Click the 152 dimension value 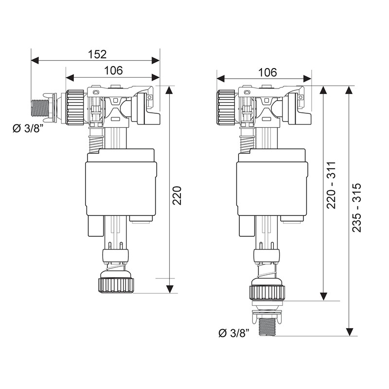point(97,54)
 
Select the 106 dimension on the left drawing point(113,71)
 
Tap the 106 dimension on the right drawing point(267,72)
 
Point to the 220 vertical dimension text point(177,195)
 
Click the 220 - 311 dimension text point(331,185)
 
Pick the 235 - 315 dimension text point(357,208)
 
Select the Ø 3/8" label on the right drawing point(234,333)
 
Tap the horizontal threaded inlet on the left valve point(40,108)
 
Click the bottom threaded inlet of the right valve point(266,327)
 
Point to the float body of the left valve point(121,184)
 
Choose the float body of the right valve point(272,184)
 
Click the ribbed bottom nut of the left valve point(116,285)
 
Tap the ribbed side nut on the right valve point(226,107)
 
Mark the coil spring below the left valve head point(95,144)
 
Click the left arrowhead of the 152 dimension point(35,60)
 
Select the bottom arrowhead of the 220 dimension point(169,289)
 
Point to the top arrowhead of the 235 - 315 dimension point(349,90)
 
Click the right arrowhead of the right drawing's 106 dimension point(307,79)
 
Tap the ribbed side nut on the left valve point(75,107)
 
